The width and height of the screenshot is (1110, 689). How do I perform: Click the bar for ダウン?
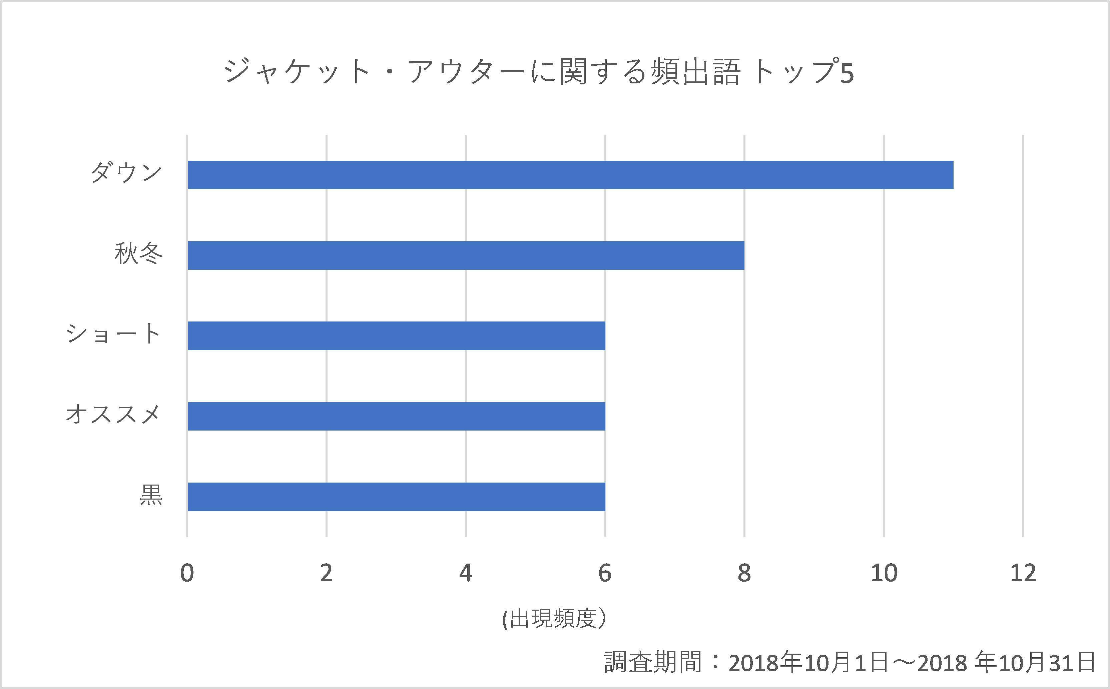[570, 174]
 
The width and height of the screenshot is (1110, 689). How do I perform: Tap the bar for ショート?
[397, 336]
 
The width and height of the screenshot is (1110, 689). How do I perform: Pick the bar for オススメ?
[397, 416]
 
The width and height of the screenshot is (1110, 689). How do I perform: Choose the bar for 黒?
[397, 497]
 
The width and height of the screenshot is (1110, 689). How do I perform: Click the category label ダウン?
[126, 173]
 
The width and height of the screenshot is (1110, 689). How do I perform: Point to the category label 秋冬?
[138, 254]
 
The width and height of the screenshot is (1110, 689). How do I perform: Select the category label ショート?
[113, 334]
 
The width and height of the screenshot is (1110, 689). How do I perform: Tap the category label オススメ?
[113, 415]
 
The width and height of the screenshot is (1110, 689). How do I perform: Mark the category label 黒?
[151, 495]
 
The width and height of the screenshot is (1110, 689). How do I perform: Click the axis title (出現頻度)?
[555, 619]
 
